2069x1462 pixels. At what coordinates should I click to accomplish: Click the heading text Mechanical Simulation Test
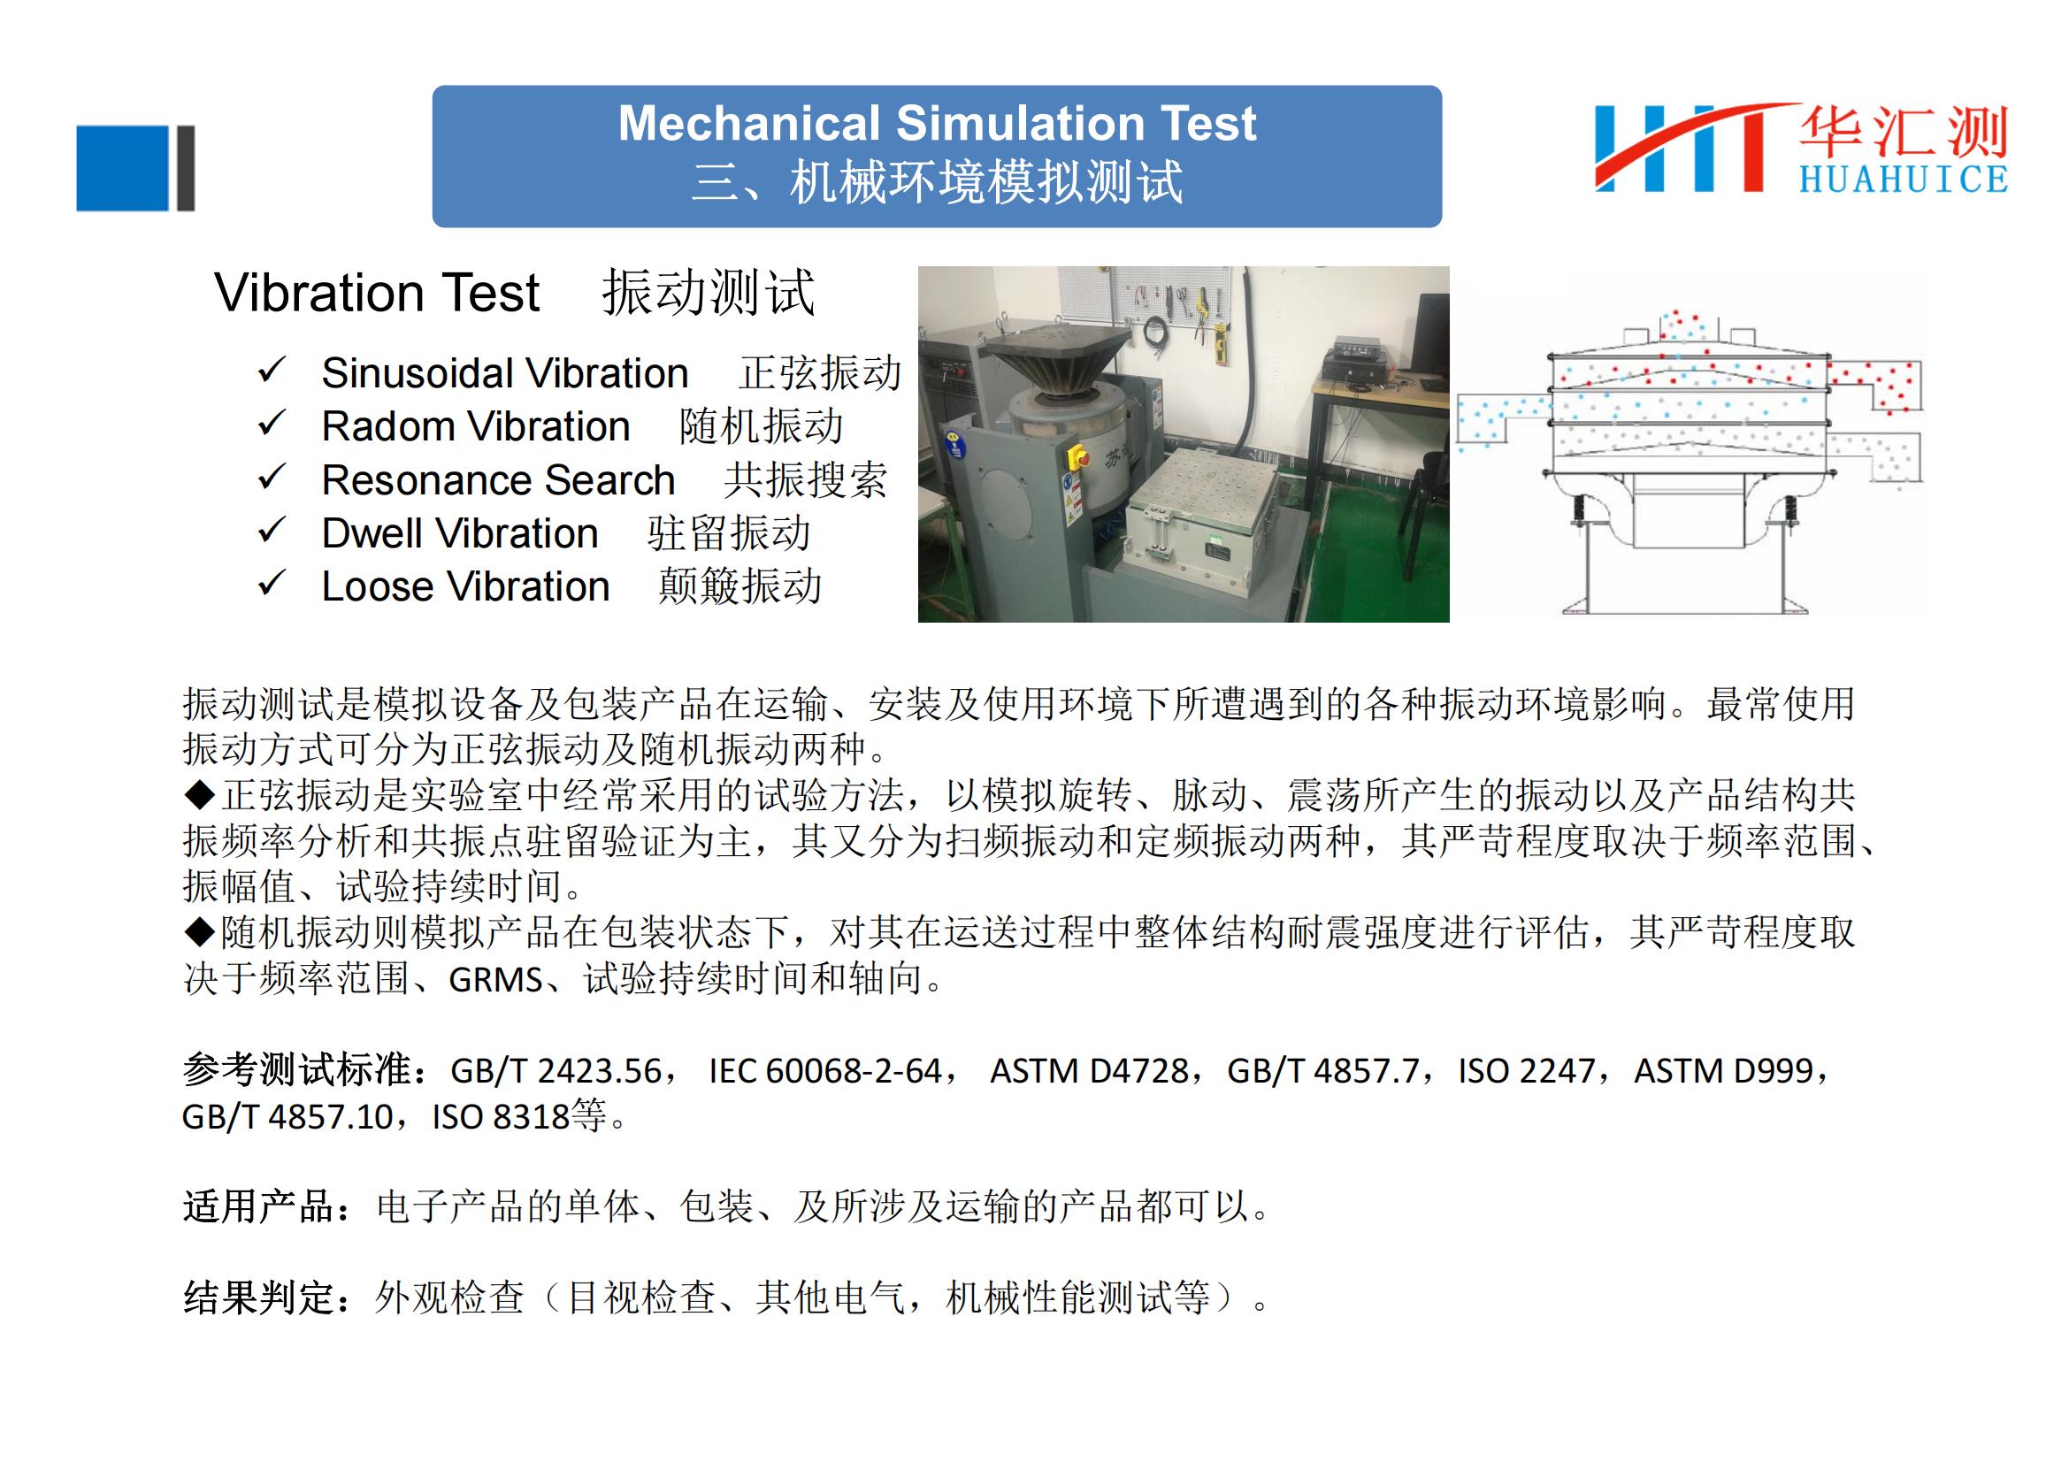(x=936, y=124)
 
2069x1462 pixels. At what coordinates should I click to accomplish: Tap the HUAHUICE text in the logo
(x=1904, y=180)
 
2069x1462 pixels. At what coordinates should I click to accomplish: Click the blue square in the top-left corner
(x=123, y=168)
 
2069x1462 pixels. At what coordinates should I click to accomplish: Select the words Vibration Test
(x=377, y=293)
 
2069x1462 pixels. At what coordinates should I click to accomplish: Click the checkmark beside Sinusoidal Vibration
(x=272, y=371)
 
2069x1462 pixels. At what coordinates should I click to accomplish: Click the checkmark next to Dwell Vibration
(x=272, y=531)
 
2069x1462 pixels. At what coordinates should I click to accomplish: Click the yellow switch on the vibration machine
(x=1075, y=456)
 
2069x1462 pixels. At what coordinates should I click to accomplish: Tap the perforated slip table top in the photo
(x=1204, y=489)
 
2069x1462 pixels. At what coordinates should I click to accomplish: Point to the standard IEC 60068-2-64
(x=825, y=1071)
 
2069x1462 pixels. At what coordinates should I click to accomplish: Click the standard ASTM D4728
(x=1090, y=1071)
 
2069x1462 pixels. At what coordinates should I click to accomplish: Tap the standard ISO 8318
(x=501, y=1117)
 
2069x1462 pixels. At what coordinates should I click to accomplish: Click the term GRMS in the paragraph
(x=495, y=980)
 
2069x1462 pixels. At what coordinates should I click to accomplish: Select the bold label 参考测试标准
(x=296, y=1070)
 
